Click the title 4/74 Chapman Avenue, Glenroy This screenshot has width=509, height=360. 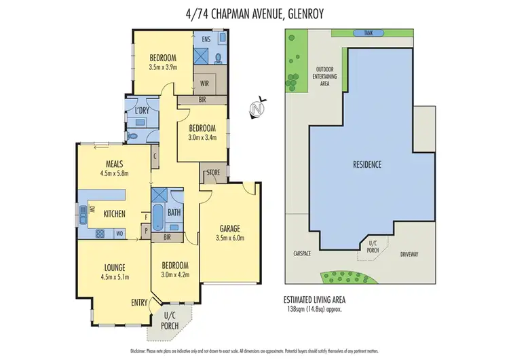pyautogui.click(x=254, y=12)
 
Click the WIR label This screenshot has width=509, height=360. pyautogui.click(x=204, y=84)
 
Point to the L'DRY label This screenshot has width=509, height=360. pyautogui.click(x=142, y=110)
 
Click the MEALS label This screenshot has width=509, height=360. pyautogui.click(x=113, y=164)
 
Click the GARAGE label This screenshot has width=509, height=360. pyautogui.click(x=230, y=228)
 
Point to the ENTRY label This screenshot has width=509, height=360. pyautogui.click(x=139, y=302)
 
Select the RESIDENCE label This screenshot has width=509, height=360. pyautogui.click(x=367, y=164)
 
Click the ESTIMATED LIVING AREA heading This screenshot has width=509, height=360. pyautogui.click(x=319, y=299)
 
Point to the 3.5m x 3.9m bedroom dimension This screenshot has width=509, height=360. pyautogui.click(x=163, y=67)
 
